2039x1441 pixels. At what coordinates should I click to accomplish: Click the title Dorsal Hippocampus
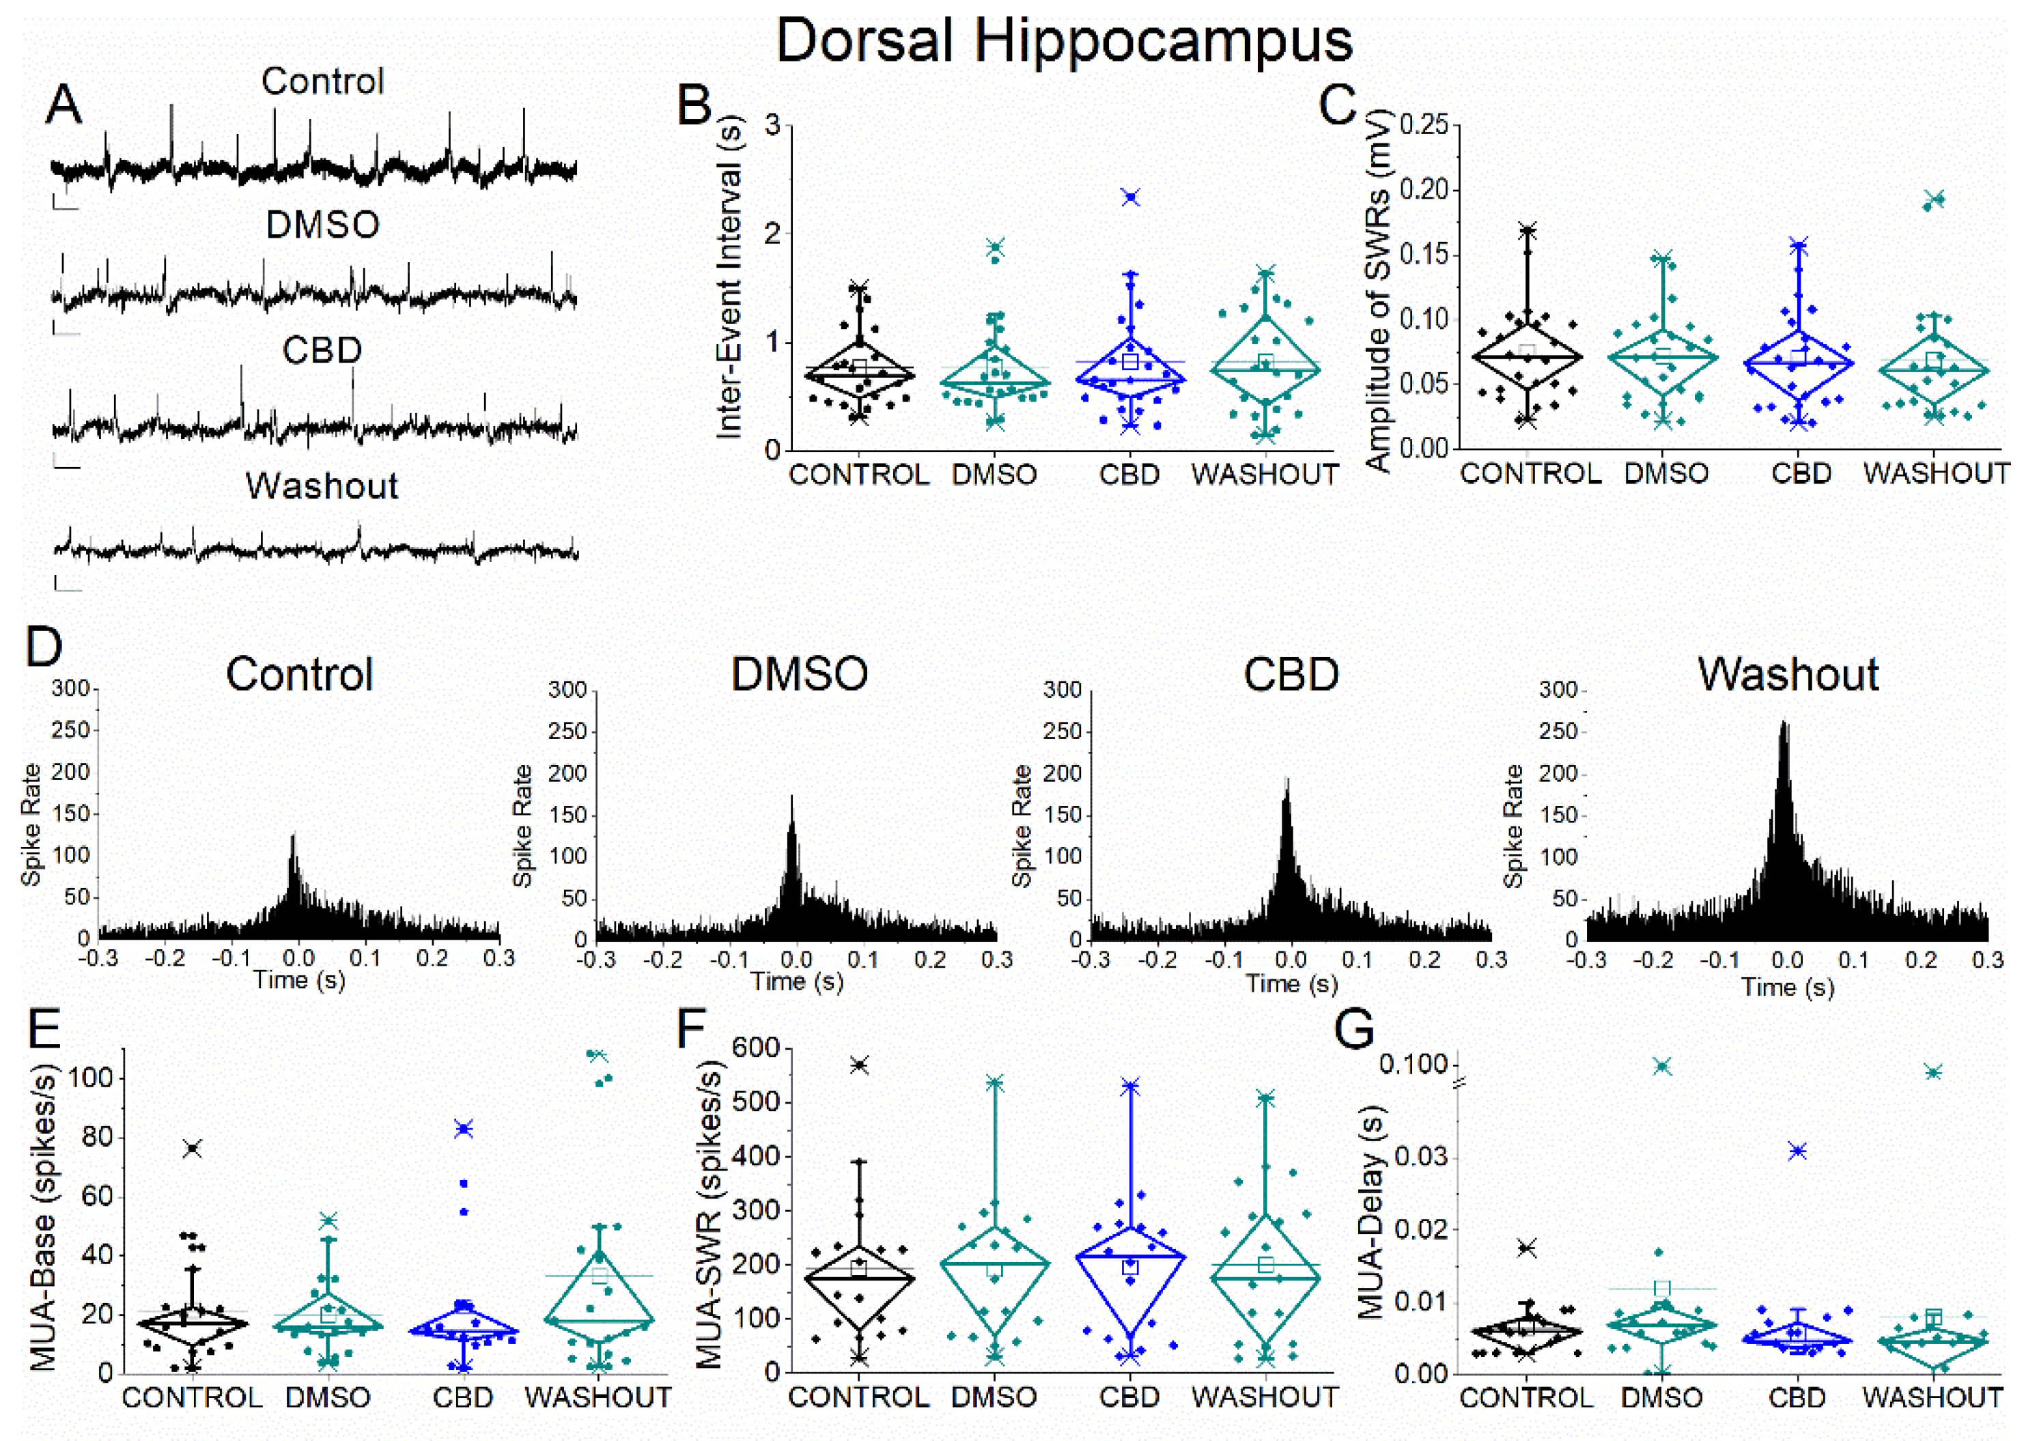tap(1063, 40)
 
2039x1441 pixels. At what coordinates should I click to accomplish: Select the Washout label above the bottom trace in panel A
tap(322, 486)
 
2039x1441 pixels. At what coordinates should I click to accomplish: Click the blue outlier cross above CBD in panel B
tap(1129, 197)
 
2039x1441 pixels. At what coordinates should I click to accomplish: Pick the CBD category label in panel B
tap(1129, 475)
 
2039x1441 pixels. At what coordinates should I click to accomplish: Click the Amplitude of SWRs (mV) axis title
tap(1377, 290)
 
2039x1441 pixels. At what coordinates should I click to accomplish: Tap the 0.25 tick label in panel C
tap(1424, 125)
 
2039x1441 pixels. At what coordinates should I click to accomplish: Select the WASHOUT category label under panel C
tap(1936, 473)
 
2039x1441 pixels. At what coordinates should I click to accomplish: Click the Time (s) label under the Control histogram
tap(298, 980)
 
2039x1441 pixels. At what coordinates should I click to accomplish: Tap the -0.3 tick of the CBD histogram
tap(1091, 960)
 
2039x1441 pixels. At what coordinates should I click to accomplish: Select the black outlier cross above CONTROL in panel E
tap(192, 1149)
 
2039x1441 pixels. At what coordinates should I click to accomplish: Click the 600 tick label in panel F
tap(756, 1048)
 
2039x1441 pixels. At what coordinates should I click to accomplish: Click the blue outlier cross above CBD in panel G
tap(1797, 1151)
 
